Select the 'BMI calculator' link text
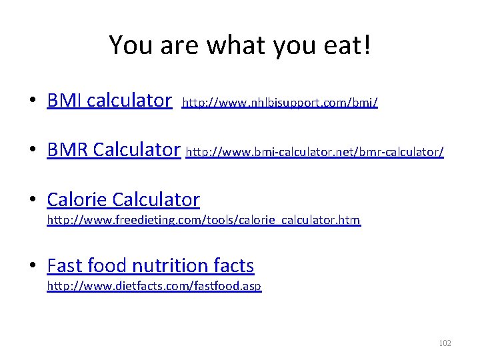pyautogui.click(x=109, y=101)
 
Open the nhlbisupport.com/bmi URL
pyautogui.click(x=280, y=103)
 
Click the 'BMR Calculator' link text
pyautogui.click(x=113, y=150)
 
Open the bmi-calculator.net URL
pyautogui.click(x=315, y=152)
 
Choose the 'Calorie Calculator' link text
pyautogui.click(x=123, y=199)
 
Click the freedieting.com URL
pyautogui.click(x=203, y=220)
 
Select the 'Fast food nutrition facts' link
pyautogui.click(x=151, y=266)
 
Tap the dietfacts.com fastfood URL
pyautogui.click(x=154, y=287)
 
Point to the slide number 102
pyautogui.click(x=445, y=343)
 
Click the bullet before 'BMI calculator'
pyautogui.click(x=32, y=101)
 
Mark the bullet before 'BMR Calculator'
pyautogui.click(x=32, y=151)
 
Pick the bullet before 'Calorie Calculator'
pyautogui.click(x=32, y=200)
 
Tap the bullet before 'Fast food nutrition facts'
pyautogui.click(x=32, y=267)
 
